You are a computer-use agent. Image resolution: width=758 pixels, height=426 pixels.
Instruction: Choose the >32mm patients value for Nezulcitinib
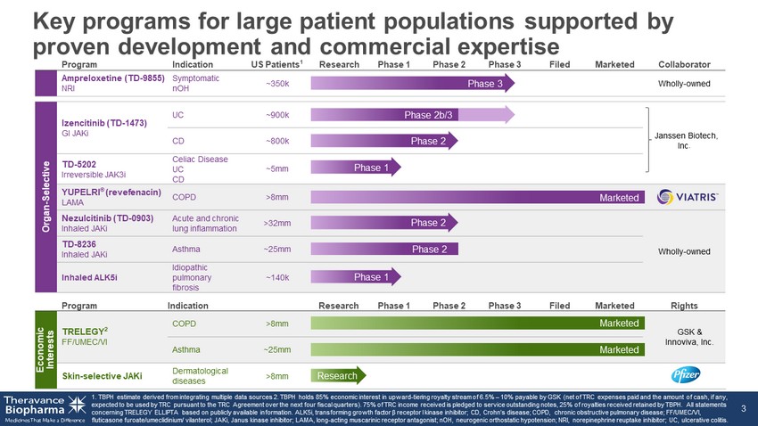pyautogui.click(x=277, y=222)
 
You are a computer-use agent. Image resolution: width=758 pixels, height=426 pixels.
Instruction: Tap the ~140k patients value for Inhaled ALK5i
pyautogui.click(x=277, y=277)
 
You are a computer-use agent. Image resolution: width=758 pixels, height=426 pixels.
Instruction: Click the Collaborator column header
pyautogui.click(x=684, y=64)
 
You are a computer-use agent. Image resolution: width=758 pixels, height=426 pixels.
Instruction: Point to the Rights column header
pyautogui.click(x=684, y=306)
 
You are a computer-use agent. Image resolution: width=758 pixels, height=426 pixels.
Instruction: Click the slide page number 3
pyautogui.click(x=744, y=408)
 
